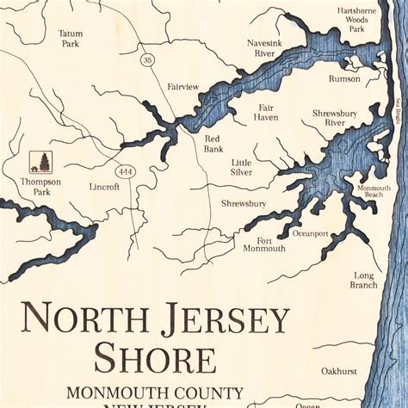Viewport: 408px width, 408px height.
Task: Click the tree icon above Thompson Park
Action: [40, 162]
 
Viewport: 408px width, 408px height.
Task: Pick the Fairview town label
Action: [183, 87]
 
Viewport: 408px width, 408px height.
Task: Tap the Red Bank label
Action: [213, 144]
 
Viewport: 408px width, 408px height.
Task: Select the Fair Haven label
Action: [266, 112]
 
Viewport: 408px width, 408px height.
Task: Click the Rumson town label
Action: [344, 78]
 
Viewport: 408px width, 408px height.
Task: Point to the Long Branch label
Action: [363, 280]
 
